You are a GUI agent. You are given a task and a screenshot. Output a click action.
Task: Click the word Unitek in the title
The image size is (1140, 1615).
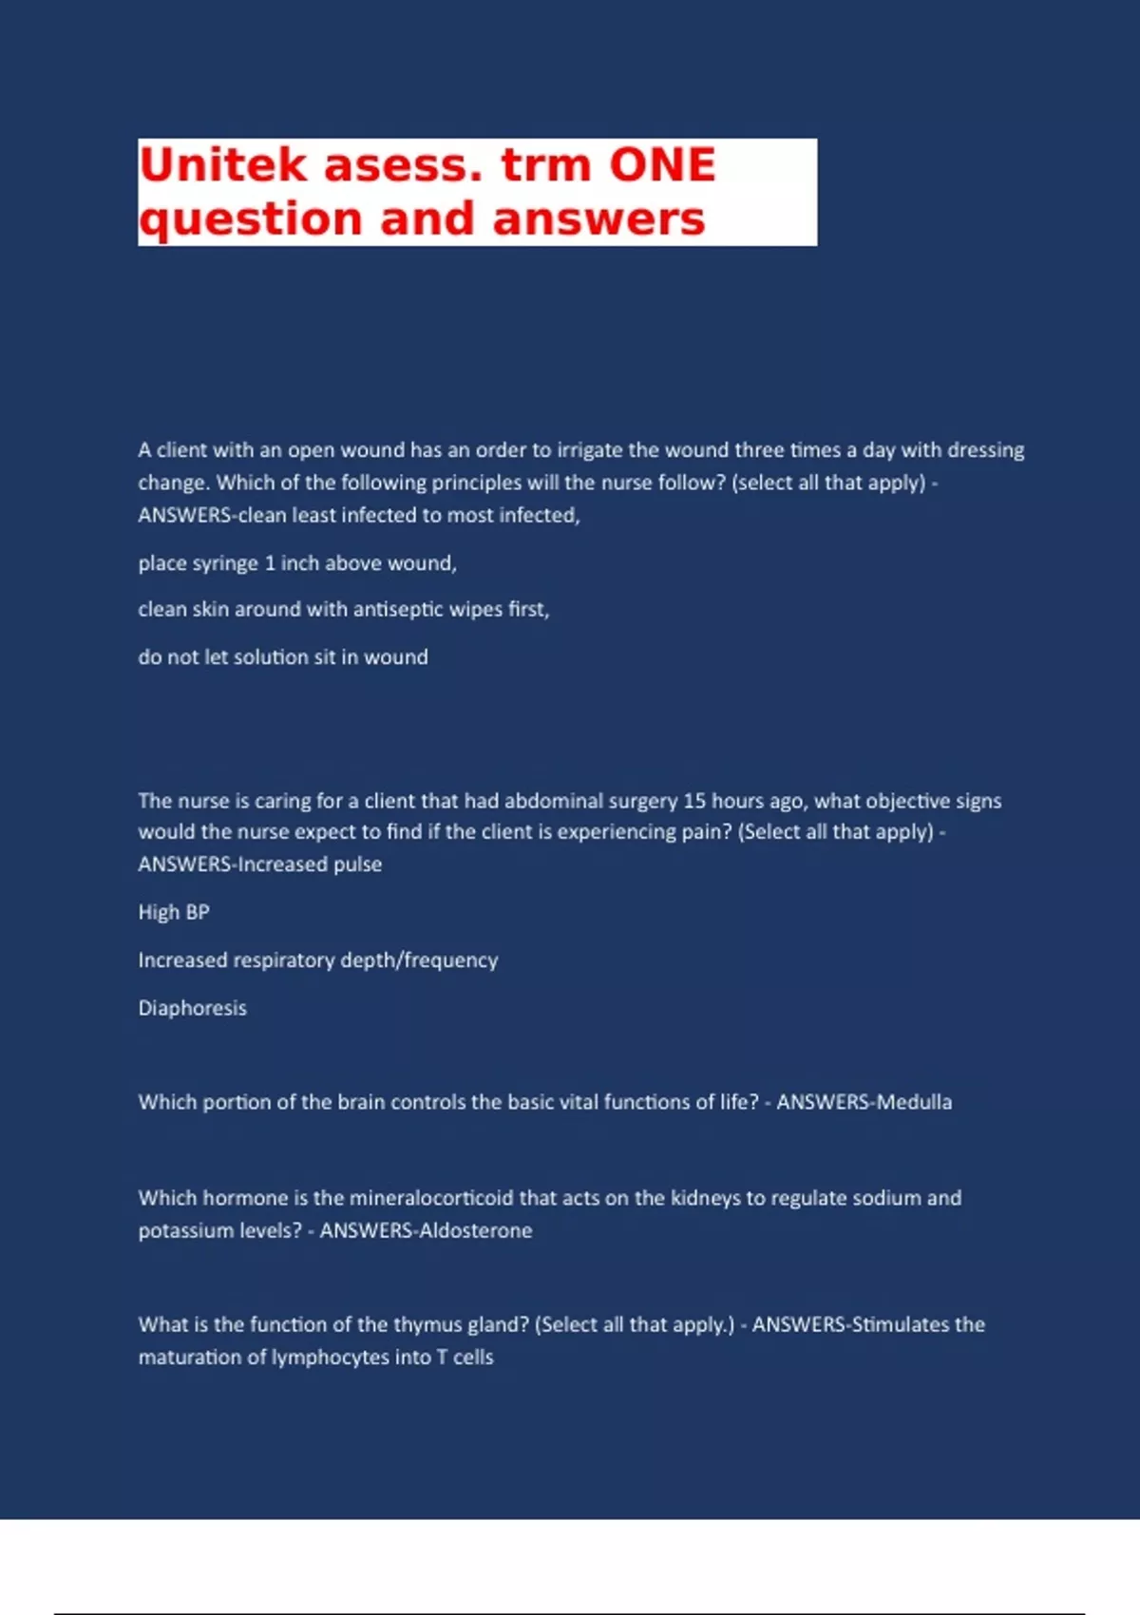[223, 164]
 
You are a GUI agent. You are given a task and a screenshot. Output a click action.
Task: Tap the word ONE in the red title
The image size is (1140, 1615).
[662, 164]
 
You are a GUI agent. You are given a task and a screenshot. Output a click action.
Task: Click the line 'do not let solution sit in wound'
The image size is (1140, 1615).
[283, 656]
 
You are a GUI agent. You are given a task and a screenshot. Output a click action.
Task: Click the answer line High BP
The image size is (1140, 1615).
[174, 912]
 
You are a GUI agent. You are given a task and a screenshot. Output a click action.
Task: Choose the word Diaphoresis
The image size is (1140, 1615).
[193, 1008]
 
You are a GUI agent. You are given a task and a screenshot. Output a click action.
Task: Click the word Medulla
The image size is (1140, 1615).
[914, 1102]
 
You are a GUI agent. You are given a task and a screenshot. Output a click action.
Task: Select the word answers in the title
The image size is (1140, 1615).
[598, 218]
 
